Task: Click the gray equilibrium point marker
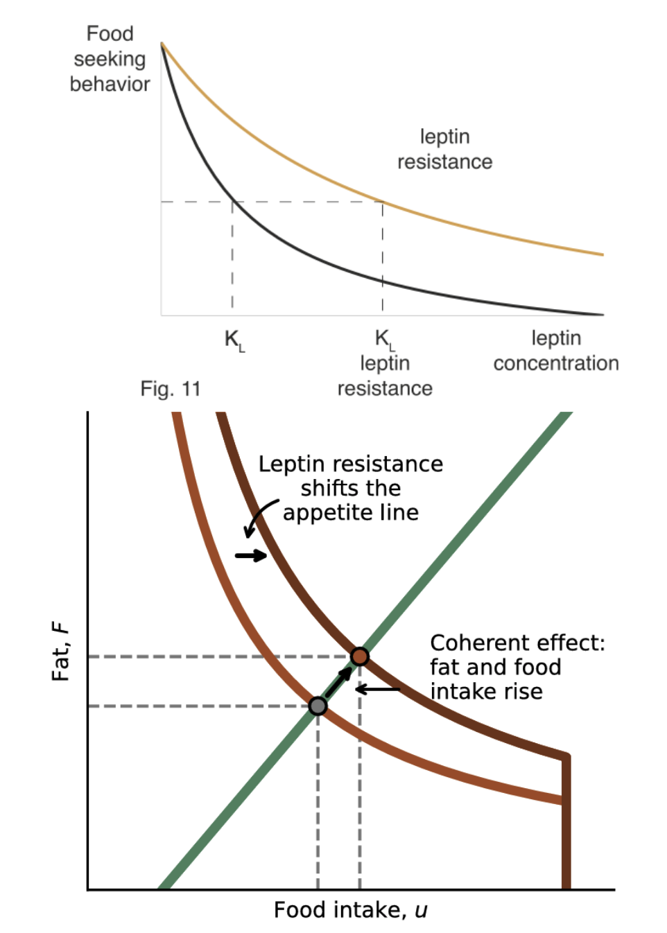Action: (318, 706)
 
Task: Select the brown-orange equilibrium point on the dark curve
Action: (359, 656)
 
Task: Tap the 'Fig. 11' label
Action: (170, 389)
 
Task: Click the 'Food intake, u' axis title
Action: (350, 910)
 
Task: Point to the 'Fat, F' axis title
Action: (61, 652)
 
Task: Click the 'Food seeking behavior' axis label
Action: (110, 59)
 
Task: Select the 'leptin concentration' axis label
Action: (555, 351)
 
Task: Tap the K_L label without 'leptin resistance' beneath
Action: (234, 340)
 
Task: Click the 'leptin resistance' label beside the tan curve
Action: (444, 149)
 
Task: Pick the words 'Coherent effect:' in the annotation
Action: (517, 643)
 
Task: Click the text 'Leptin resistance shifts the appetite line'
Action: (350, 488)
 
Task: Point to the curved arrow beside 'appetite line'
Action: (259, 516)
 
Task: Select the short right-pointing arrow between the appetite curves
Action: (250, 555)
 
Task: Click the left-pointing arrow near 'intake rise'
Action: (378, 689)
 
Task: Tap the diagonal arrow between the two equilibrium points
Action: (338, 681)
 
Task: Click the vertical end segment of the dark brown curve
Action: (566, 821)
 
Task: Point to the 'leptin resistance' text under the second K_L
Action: (385, 376)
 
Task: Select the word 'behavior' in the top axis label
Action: (110, 84)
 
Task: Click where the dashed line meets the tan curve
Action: (383, 202)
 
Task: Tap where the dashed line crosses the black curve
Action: (232, 202)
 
